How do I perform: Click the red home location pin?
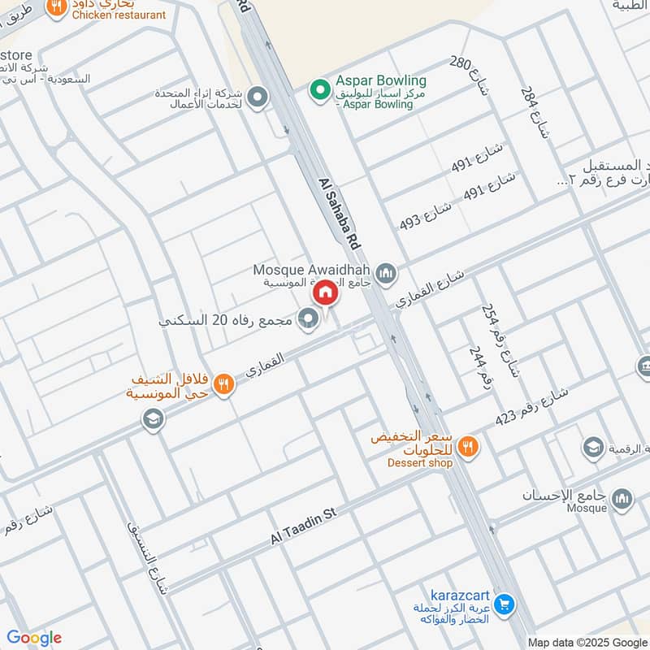(325, 292)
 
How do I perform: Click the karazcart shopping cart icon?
(504, 604)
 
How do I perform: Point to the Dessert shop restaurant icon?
(467, 445)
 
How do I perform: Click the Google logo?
(33, 638)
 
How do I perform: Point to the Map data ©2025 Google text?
(587, 642)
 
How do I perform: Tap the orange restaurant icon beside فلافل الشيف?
(225, 383)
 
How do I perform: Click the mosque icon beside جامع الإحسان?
(622, 497)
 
